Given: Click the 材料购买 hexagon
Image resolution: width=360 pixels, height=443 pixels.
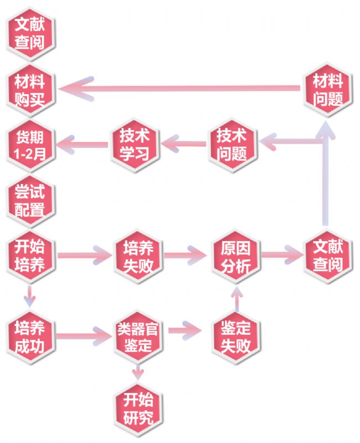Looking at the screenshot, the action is (x=30, y=90).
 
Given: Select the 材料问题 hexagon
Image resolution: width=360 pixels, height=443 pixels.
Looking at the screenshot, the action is (x=328, y=90).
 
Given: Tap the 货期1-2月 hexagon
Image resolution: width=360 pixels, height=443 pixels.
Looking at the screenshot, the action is (x=30, y=146).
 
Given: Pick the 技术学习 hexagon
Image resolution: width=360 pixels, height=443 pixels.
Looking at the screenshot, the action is (x=135, y=145).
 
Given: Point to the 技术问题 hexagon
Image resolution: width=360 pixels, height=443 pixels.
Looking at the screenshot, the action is (x=233, y=145).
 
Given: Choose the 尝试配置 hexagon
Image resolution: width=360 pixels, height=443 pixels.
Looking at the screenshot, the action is (x=30, y=201).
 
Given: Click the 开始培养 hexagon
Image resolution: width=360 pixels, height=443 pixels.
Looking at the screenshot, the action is (x=30, y=256).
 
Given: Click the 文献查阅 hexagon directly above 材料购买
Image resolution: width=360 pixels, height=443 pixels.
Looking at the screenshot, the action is (x=30, y=34).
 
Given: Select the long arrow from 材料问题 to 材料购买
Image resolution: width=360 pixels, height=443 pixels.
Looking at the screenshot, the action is (x=179, y=88).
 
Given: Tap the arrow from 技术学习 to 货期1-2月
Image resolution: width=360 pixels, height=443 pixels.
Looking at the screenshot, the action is (x=82, y=145).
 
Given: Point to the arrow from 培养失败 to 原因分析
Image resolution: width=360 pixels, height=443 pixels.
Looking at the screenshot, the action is (x=186, y=256).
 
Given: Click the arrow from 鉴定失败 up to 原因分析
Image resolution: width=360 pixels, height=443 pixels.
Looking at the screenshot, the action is (x=236, y=299).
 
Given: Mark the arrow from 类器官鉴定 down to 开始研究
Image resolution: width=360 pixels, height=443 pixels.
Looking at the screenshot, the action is (x=138, y=373).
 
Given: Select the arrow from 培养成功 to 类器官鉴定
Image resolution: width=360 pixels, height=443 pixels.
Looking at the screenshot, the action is (x=84, y=336).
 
